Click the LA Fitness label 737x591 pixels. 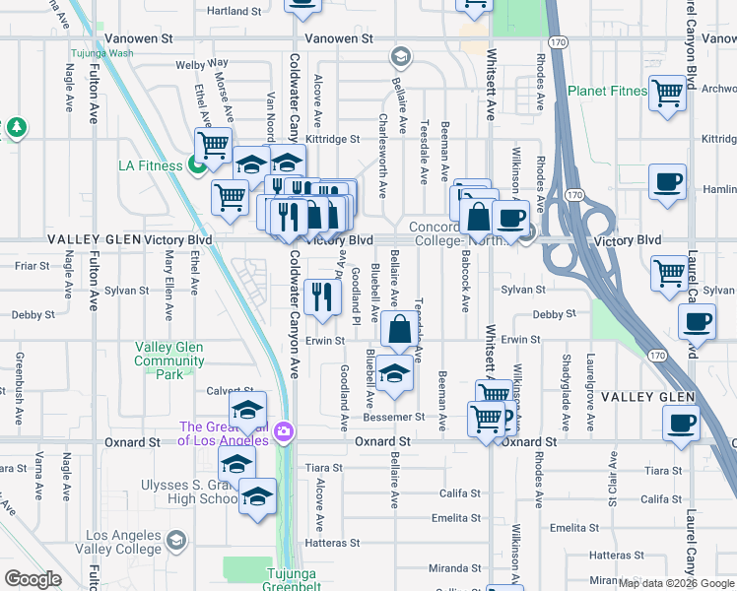point(150,165)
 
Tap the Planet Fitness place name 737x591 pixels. point(607,92)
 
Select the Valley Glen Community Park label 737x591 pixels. point(168,361)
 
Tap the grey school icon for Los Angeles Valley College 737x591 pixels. point(175,540)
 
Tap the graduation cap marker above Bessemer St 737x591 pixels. point(394,373)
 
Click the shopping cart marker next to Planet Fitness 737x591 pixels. point(668,94)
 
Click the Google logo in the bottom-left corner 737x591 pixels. point(33,579)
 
